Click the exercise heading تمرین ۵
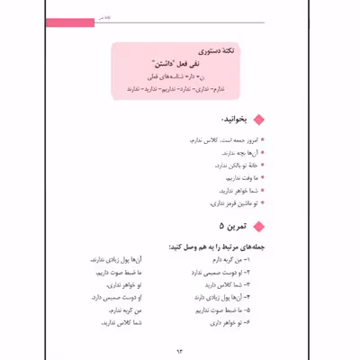pyautogui.click(x=234, y=225)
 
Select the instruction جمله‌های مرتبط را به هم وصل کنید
pyautogui.click(x=214, y=246)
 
